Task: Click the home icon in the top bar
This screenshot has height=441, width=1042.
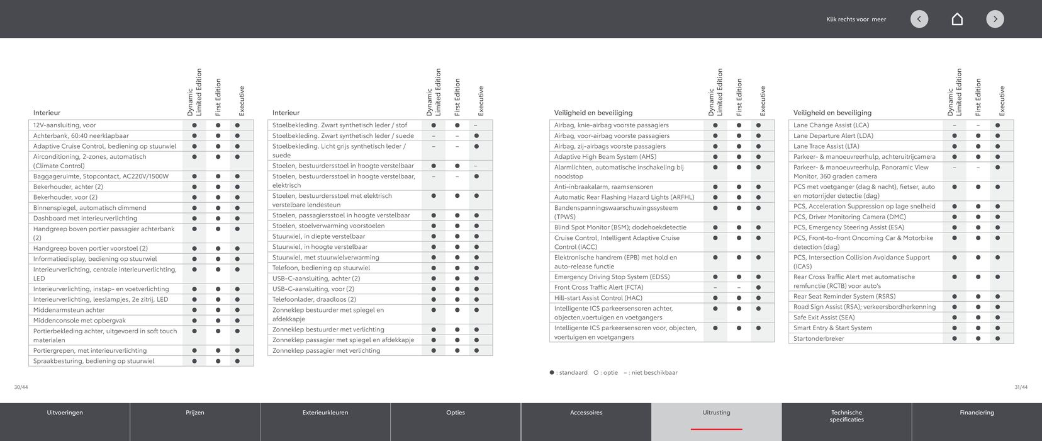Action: click(957, 19)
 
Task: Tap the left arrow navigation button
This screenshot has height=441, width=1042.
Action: click(919, 19)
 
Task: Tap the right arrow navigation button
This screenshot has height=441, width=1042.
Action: click(995, 19)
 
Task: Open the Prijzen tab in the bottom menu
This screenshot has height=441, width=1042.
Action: click(195, 413)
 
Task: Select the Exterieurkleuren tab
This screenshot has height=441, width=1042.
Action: click(325, 413)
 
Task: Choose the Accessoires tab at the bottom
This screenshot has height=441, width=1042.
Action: click(586, 413)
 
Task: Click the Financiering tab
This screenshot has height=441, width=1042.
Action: click(977, 413)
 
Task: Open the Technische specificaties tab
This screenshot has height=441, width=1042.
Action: click(846, 416)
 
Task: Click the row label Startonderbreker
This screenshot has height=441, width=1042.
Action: click(819, 338)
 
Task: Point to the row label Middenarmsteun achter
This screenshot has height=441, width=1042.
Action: click(69, 310)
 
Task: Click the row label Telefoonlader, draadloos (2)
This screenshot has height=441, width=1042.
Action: click(314, 299)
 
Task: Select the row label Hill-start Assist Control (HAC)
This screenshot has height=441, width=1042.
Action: click(598, 298)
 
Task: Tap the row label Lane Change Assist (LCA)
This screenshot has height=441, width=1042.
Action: click(831, 125)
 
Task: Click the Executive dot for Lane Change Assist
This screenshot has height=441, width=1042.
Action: click(997, 125)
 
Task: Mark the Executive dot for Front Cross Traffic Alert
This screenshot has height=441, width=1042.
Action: click(758, 287)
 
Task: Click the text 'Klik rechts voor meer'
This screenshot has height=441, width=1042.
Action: click(856, 20)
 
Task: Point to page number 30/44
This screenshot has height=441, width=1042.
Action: click(21, 387)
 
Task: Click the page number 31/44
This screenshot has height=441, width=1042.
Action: click(1021, 387)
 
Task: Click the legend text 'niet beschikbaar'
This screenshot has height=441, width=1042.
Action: click(654, 373)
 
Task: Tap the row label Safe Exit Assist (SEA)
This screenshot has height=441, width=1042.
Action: click(824, 318)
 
